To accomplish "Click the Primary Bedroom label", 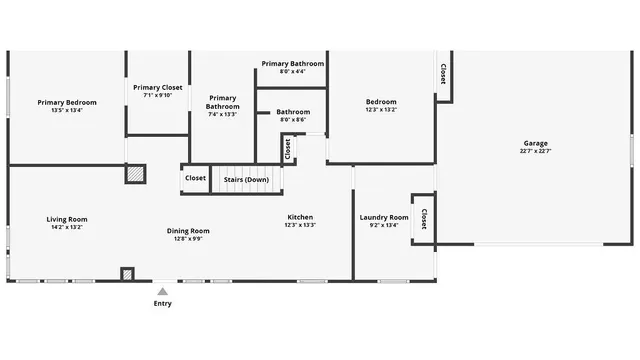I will [x=67, y=101].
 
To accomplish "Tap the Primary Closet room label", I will [x=158, y=87].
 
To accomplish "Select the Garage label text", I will [x=535, y=143].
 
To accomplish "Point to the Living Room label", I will [x=67, y=219].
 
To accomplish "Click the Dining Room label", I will [x=188, y=231].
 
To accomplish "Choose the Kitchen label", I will [x=300, y=217].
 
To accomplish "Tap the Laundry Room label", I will [x=384, y=217].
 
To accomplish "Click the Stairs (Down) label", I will [x=246, y=179].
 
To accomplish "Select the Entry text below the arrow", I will [x=162, y=303].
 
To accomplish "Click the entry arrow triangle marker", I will [x=162, y=290].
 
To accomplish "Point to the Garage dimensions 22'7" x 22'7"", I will [x=535, y=152].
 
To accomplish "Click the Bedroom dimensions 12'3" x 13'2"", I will [x=381, y=110].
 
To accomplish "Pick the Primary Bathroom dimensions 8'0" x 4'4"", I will [x=293, y=71].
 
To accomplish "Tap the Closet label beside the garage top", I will [x=442, y=75].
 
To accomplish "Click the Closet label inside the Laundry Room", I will [x=424, y=219].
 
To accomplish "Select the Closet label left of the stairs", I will [x=195, y=179].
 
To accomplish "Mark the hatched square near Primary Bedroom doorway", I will [x=133, y=174].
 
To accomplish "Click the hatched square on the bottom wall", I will [x=127, y=274].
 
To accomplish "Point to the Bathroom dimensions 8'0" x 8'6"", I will [x=293, y=120].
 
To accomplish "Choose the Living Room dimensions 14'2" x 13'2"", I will [x=67, y=227].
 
